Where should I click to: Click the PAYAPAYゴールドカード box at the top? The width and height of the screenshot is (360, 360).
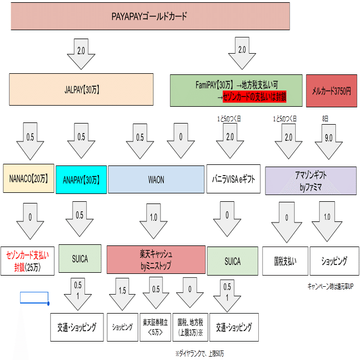tap(150, 16)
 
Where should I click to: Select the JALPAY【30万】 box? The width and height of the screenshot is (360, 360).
tap(82, 89)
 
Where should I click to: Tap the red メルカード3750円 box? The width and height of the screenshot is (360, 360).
tap(331, 91)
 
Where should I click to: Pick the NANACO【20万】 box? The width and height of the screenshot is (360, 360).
tap(28, 179)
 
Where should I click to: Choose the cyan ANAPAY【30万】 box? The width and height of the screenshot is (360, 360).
tap(81, 179)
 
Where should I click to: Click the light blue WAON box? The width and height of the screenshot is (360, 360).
tap(155, 179)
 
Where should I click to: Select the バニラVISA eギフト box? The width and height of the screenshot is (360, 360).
tap(232, 179)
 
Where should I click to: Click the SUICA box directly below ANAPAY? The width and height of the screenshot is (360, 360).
tap(80, 259)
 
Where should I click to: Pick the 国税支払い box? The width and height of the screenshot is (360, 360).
tap(285, 260)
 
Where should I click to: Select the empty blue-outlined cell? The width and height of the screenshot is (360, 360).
tap(34, 297)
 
